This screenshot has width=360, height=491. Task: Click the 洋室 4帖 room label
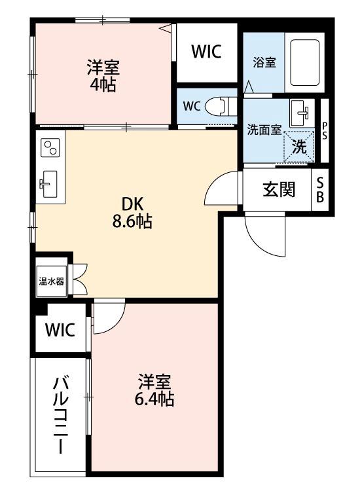coord(103,75)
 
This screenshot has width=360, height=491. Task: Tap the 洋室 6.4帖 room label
coord(155,390)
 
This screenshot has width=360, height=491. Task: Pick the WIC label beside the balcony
coord(60,329)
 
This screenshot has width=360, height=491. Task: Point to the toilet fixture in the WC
coord(221,105)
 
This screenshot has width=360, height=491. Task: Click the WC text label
coord(192,106)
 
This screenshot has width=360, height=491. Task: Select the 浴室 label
coord(264,63)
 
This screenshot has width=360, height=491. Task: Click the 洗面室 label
coord(264,129)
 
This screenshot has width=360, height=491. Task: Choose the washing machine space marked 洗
coord(299,146)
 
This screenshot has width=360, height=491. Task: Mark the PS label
coord(325,131)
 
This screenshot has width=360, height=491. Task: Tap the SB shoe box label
coord(321,190)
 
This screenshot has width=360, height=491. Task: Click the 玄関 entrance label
coord(279,190)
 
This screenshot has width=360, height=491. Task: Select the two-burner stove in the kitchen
coord(50,149)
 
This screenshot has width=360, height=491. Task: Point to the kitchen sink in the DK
coord(49,183)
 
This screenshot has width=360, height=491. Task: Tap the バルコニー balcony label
coord(61,414)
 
